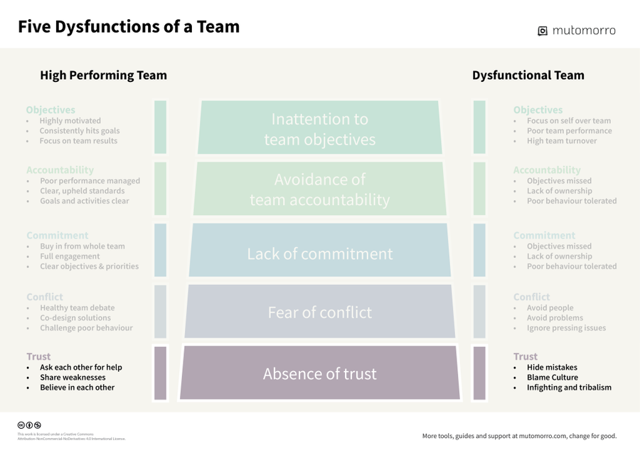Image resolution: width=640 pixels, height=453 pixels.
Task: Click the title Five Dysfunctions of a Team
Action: (x=129, y=27)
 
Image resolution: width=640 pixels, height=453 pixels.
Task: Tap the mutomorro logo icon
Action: (x=543, y=31)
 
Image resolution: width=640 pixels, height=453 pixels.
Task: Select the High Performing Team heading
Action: (x=103, y=75)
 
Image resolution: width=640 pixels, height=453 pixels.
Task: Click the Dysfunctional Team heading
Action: (x=528, y=75)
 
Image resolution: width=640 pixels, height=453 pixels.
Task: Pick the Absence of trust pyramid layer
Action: (x=319, y=374)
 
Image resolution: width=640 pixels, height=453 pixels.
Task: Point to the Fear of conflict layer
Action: (x=319, y=312)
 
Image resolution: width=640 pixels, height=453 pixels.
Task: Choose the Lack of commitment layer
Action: (x=319, y=254)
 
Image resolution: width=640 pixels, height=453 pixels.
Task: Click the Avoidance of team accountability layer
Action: (x=319, y=189)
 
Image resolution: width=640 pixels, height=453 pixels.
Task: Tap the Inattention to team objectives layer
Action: (x=319, y=129)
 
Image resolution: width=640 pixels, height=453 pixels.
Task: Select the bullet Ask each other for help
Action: (x=80, y=368)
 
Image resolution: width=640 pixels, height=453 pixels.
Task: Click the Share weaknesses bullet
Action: (x=72, y=377)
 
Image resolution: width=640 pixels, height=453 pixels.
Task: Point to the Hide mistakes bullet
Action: (x=551, y=368)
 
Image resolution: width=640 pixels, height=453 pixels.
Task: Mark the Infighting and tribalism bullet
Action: (x=568, y=387)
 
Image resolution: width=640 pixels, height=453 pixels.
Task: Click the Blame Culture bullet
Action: (x=552, y=377)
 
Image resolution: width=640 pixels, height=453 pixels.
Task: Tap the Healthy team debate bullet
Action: (x=77, y=308)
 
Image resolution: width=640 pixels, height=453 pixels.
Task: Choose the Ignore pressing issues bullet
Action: (x=566, y=328)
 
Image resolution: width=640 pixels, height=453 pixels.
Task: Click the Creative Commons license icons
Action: (x=29, y=425)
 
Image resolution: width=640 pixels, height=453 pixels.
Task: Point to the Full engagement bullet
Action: (x=69, y=256)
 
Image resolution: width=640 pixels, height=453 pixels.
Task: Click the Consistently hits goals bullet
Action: (x=79, y=130)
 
